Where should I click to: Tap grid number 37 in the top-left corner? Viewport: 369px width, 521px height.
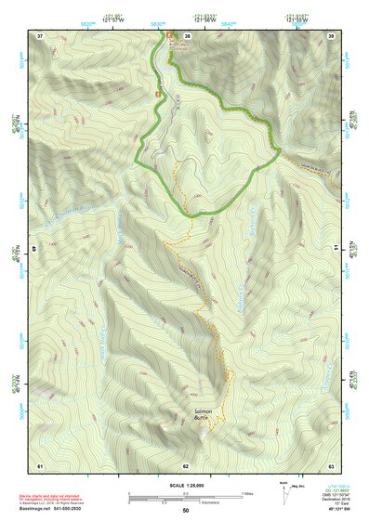tap(40, 35)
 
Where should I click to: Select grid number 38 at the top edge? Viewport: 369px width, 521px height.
tap(187, 35)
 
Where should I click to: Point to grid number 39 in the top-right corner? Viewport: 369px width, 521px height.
tap(332, 35)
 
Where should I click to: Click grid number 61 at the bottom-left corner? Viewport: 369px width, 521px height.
tap(40, 464)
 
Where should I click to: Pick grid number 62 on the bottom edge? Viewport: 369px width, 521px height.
tap(186, 464)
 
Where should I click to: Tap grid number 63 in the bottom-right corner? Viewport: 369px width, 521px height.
tap(332, 464)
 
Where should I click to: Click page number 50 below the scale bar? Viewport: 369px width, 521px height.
tap(186, 510)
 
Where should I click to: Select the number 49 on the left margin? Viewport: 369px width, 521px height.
tap(36, 250)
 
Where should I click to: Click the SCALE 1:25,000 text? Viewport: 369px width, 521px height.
tap(186, 485)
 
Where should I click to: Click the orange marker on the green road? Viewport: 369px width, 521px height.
tap(159, 94)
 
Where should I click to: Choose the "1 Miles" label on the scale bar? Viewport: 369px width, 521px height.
tap(247, 492)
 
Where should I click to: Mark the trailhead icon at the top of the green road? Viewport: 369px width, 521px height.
tap(170, 36)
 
